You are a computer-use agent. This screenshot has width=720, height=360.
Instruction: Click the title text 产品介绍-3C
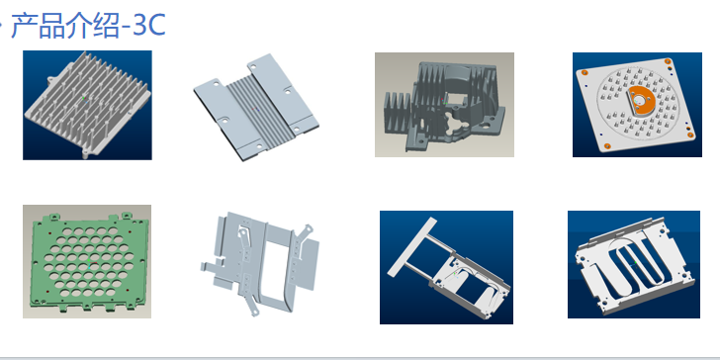tap(88, 26)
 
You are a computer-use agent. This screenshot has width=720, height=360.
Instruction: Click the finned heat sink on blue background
tap(87, 104)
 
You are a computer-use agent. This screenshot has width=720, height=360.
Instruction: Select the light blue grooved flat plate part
tap(256, 108)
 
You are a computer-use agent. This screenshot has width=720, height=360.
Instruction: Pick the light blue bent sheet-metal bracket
tap(259, 263)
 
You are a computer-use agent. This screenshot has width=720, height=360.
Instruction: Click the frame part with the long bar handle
tap(448, 268)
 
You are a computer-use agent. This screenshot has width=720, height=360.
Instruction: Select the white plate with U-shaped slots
tap(635, 265)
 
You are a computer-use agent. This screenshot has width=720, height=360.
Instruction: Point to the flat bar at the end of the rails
tap(412, 246)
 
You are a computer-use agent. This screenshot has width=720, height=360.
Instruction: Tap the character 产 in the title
tap(23, 26)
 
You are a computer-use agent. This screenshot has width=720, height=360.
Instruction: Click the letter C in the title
tap(156, 27)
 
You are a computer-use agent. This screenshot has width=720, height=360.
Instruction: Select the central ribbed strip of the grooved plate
tap(257, 108)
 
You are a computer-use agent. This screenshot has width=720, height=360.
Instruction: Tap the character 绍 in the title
tap(106, 26)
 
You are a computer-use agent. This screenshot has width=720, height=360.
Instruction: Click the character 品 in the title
tap(51, 26)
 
